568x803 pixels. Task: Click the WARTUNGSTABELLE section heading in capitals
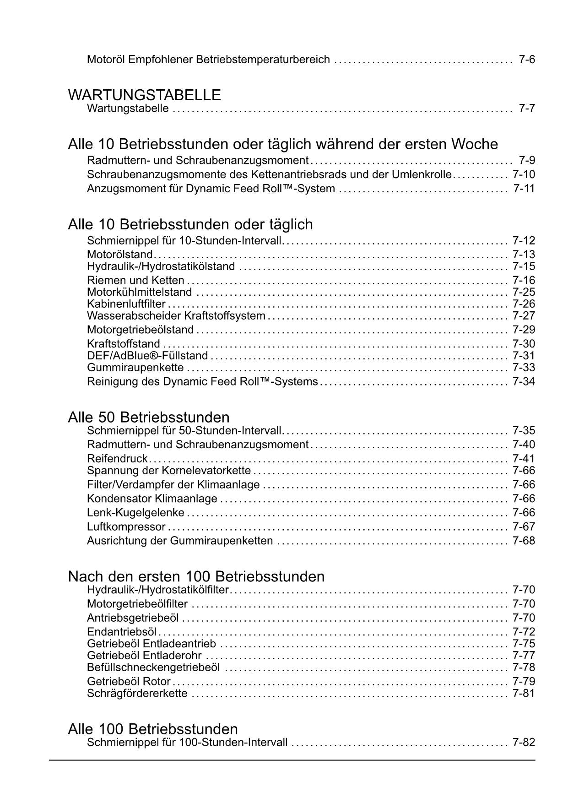click(144, 95)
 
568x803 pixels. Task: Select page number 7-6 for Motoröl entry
click(527, 60)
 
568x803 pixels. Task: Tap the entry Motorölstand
click(119, 255)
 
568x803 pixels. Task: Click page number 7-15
click(524, 266)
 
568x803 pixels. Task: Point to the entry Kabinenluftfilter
click(126, 304)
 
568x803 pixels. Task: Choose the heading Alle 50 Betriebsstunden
click(149, 417)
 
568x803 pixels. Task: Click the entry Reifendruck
click(117, 459)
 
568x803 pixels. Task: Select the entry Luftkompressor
click(126, 527)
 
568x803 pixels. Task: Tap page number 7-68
click(524, 541)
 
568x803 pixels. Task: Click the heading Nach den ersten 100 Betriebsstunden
click(196, 576)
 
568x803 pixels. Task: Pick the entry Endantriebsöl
click(122, 632)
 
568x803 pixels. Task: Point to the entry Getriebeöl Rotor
click(129, 682)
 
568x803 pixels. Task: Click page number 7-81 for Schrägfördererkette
click(524, 693)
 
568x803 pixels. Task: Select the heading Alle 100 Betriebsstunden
click(153, 729)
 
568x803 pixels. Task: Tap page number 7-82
click(524, 742)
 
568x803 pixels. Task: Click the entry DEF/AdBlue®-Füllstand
click(147, 356)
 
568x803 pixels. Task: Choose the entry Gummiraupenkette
click(135, 368)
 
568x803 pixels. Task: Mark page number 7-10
click(524, 174)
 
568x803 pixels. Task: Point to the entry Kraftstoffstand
click(123, 344)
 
